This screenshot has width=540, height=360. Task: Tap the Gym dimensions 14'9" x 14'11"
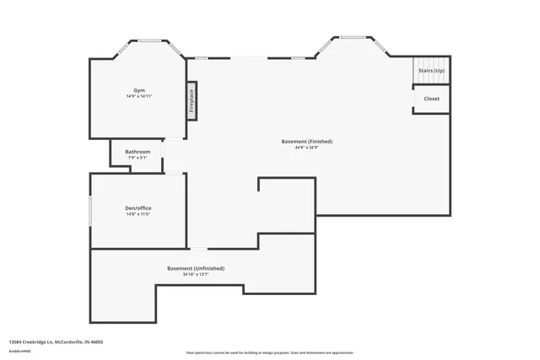coord(138,97)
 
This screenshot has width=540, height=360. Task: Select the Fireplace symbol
coord(192,101)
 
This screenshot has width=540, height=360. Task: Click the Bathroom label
coord(138,152)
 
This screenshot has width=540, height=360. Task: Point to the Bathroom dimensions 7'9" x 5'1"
coord(138,158)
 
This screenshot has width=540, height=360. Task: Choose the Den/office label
coord(138,207)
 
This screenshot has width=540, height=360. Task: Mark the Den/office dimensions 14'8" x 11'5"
coord(138,214)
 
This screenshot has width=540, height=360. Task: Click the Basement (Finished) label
coord(307,141)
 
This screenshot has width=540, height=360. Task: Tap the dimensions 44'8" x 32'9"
coord(307,148)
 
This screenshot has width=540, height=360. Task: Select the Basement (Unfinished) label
coord(196,268)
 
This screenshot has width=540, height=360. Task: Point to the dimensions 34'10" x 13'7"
coord(196,274)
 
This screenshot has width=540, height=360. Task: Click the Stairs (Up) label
coord(431,70)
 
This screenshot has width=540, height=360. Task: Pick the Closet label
coord(431,99)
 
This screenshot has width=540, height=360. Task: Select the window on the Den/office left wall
coord(91,211)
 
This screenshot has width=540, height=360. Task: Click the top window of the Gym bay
coord(150,40)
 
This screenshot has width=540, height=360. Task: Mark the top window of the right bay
coord(353,37)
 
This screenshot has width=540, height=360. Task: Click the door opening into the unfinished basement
coord(197,249)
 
